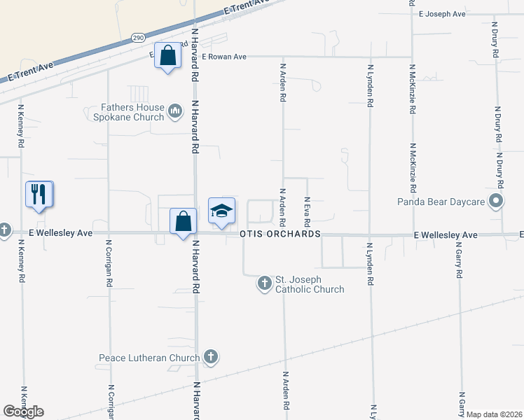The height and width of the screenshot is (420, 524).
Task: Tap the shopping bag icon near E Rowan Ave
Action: pyautogui.click(x=168, y=56)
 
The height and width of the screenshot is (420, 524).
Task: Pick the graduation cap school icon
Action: pyautogui.click(x=221, y=211)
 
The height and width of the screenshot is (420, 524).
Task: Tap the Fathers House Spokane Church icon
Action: pyautogui.click(x=175, y=111)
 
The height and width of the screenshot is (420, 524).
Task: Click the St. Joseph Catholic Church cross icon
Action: pyautogui.click(x=265, y=283)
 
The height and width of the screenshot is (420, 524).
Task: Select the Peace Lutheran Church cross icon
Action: pyautogui.click(x=210, y=358)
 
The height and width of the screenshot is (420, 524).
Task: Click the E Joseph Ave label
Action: pyautogui.click(x=442, y=13)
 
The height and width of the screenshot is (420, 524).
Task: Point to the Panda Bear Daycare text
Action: pyautogui.click(x=442, y=202)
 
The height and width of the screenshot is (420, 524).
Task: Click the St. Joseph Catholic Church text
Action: pyautogui.click(x=309, y=284)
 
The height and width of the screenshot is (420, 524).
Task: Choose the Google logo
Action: pyautogui.click(x=23, y=412)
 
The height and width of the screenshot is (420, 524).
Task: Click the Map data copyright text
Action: pyautogui.click(x=493, y=414)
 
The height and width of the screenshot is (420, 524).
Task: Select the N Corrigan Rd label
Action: pyautogui.click(x=109, y=265)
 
